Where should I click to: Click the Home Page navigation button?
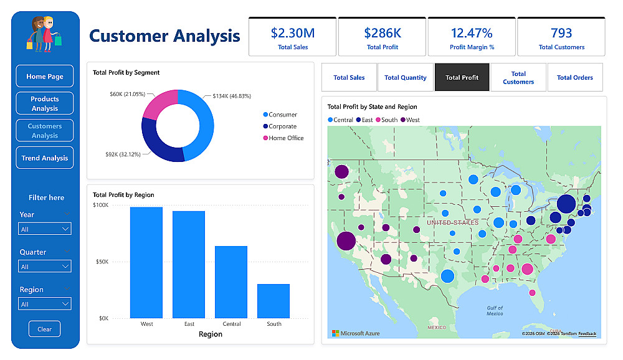45,77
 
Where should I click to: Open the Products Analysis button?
45,103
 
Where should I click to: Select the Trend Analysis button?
45,158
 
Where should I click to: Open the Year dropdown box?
45,229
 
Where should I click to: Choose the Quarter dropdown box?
45,267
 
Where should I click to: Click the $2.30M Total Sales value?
292,33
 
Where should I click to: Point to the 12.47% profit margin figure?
472,33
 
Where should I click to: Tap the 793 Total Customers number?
561,33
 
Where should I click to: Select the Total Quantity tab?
406,78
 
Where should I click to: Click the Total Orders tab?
574,78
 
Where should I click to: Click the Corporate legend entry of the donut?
282,126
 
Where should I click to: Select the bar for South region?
273,301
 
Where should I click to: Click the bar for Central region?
231,282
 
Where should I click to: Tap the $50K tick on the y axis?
101,262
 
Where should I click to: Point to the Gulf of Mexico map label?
495,311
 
